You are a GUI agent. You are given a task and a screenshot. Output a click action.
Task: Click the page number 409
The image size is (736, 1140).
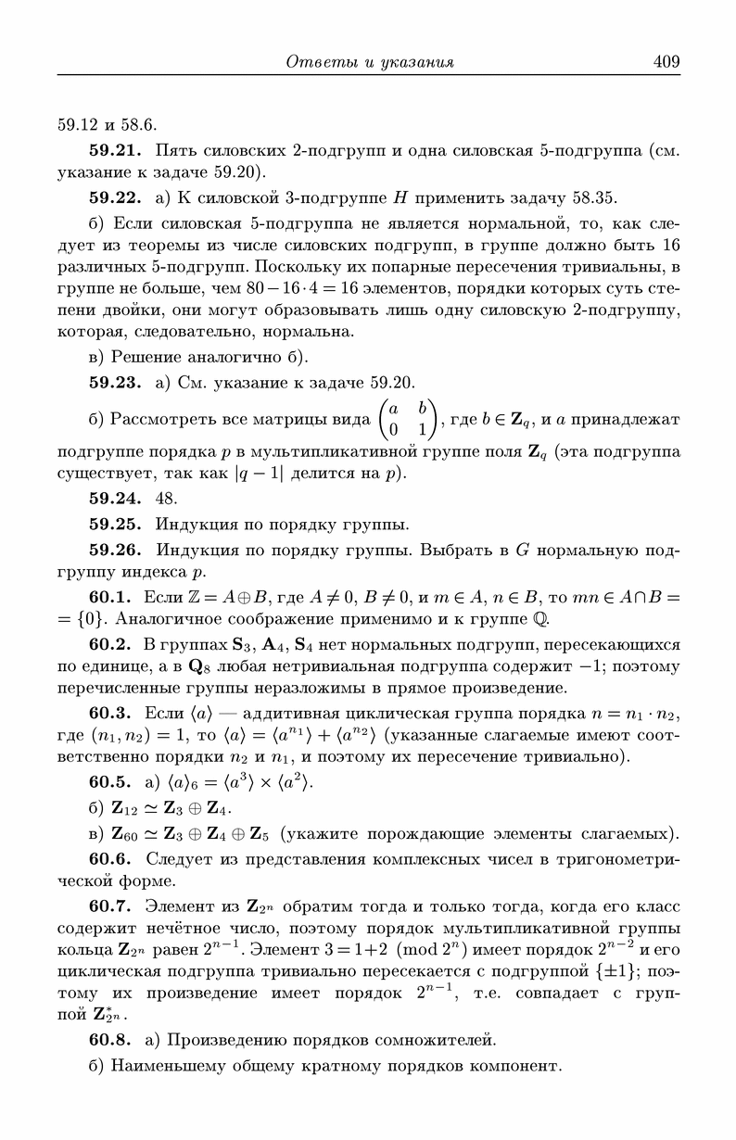(x=666, y=61)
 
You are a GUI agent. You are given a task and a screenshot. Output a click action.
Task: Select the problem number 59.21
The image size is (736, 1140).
(x=114, y=149)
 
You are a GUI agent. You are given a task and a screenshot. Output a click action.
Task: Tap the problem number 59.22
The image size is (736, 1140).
(x=114, y=197)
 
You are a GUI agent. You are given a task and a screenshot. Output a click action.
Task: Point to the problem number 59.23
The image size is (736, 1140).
(x=114, y=382)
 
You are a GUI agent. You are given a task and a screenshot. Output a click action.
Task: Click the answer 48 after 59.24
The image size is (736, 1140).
(x=167, y=498)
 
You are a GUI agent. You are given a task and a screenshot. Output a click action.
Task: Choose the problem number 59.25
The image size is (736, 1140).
(x=114, y=524)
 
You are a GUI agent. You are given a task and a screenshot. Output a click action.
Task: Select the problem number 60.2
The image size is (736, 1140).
(x=109, y=645)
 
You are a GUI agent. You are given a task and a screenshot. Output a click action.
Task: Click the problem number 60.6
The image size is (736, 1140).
(x=109, y=859)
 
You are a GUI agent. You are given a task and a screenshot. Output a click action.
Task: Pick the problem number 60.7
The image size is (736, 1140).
(x=109, y=906)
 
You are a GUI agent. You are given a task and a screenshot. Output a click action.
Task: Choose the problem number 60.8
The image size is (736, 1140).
(x=109, y=1040)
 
